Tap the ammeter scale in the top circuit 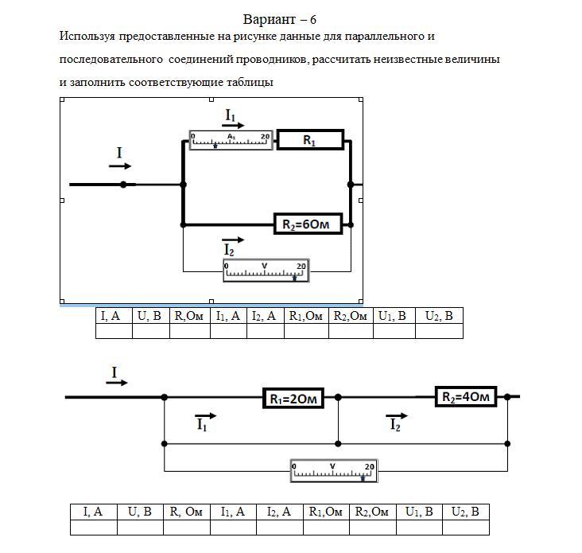(x=231, y=140)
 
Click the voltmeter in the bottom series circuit (x=332, y=470)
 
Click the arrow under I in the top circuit (x=120, y=166)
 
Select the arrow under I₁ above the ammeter (x=233, y=126)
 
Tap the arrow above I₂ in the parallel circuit (x=233, y=240)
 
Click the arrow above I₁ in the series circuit (x=205, y=416)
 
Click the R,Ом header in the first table (x=190, y=316)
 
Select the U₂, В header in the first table (x=439, y=316)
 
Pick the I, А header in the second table (x=93, y=512)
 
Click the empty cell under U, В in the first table (x=151, y=332)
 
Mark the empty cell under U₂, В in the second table (x=465, y=527)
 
